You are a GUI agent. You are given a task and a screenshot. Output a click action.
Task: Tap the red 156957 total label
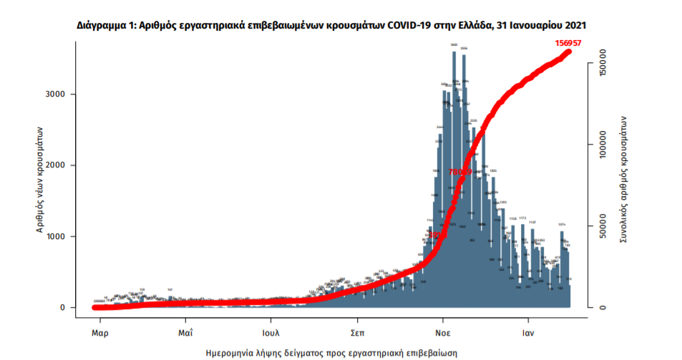[568, 43]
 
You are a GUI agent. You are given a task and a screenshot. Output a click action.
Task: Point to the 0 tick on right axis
[603, 308]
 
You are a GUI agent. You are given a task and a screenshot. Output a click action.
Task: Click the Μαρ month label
[99, 333]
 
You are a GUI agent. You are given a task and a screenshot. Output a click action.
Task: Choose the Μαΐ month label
[185, 333]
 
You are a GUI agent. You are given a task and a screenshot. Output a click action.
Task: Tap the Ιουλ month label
[271, 333]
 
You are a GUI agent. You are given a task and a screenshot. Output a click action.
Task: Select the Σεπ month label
[359, 333]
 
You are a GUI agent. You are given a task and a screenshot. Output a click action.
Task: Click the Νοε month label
[444, 333]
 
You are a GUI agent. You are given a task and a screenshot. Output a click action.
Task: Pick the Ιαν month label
[530, 333]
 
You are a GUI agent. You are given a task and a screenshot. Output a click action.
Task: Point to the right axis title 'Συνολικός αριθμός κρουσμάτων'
[623, 179]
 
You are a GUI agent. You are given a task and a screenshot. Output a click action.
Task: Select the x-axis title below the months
[332, 353]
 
